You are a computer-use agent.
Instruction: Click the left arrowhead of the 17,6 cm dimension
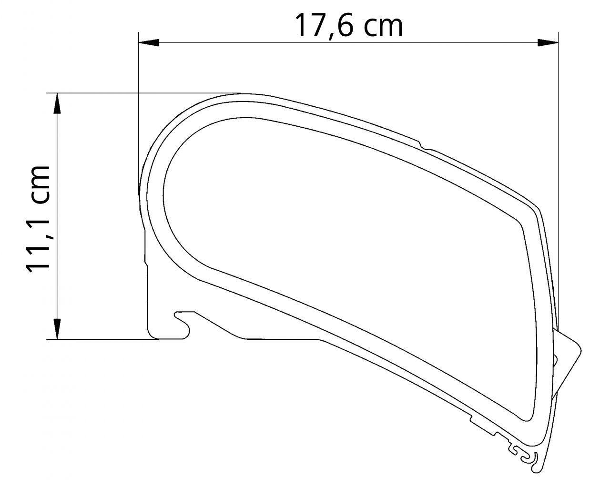(x=148, y=43)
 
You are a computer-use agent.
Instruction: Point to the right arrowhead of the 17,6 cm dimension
(x=548, y=43)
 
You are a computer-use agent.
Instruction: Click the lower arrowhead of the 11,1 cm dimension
(x=57, y=329)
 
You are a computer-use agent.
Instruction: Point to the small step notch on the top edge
(x=422, y=144)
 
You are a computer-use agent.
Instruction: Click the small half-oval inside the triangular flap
(x=555, y=358)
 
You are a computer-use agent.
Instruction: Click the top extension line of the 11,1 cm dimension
(x=143, y=93)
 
